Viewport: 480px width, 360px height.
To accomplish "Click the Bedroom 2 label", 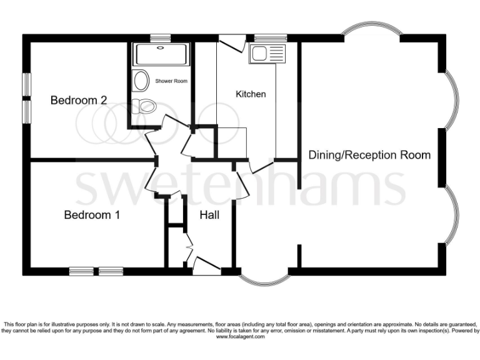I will pyautogui.click(x=79, y=100).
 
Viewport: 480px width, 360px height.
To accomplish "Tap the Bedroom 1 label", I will pyautogui.click(x=92, y=216).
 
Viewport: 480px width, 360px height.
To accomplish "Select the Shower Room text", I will pyautogui.click(x=171, y=81).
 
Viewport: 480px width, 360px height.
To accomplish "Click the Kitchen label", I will pyautogui.click(x=251, y=94).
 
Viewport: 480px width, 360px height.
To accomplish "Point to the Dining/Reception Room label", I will pyautogui.click(x=369, y=155).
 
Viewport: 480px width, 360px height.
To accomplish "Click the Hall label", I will pyautogui.click(x=209, y=216).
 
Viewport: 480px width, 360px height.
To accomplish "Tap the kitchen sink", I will pyautogui.click(x=266, y=54).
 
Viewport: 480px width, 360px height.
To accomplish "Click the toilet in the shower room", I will pyautogui.click(x=146, y=106).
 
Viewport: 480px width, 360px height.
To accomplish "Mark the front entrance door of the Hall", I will pyautogui.click(x=207, y=266).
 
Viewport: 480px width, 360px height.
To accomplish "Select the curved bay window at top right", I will pyautogui.click(x=371, y=31).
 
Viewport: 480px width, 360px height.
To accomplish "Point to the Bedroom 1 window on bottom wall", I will pyautogui.click(x=96, y=271).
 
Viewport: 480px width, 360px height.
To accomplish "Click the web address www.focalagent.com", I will pyautogui.click(x=240, y=336).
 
